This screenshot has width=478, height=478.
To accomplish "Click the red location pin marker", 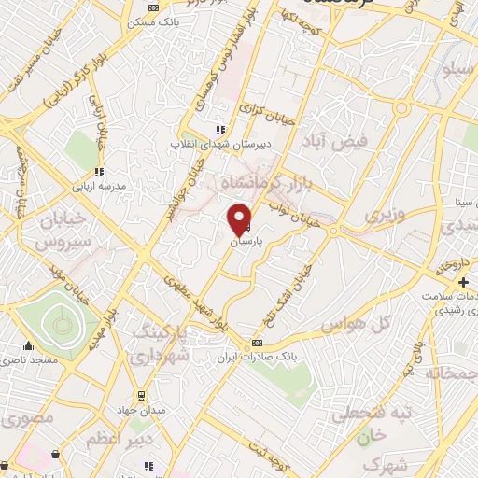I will click(240, 218).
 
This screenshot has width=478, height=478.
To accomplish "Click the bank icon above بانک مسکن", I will click(153, 7).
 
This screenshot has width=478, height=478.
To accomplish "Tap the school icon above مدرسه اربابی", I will click(99, 172).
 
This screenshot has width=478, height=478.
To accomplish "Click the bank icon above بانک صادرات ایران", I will click(258, 343).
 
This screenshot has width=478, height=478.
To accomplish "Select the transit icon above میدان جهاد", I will click(142, 394).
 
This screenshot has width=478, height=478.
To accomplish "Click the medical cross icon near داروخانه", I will click(463, 282).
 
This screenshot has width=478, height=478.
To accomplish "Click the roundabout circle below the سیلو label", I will click(402, 108).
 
